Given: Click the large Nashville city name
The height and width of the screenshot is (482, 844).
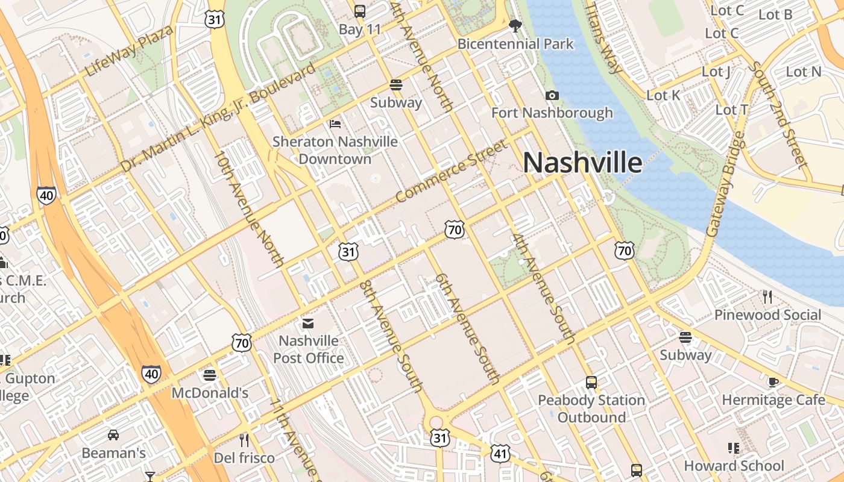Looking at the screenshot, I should [x=582, y=163].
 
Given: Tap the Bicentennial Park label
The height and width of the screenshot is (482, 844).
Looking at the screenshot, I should [x=515, y=44].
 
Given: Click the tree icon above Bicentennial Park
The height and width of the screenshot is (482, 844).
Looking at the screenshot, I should [x=515, y=25].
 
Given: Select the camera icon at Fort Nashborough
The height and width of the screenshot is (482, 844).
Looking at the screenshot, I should [x=552, y=95].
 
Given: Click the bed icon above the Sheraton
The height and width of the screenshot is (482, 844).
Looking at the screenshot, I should [x=336, y=124].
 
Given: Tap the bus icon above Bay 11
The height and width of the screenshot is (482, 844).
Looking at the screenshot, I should [x=360, y=11].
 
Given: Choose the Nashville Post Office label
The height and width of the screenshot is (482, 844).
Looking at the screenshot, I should [x=309, y=349].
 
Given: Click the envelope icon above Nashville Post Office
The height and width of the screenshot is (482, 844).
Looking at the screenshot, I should [x=309, y=324].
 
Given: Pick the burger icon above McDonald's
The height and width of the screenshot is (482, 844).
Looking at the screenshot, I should [x=210, y=375].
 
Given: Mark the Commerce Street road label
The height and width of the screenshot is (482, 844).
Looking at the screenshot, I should [x=452, y=171].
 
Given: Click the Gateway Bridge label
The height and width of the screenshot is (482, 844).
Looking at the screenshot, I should [x=725, y=184].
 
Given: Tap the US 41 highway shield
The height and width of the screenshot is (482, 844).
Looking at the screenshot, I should [x=500, y=454].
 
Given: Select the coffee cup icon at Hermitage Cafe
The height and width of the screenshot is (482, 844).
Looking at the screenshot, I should [x=773, y=382].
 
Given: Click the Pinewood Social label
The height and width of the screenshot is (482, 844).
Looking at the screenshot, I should [x=767, y=315].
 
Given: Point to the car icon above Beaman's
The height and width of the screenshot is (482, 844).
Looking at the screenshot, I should [x=113, y=434].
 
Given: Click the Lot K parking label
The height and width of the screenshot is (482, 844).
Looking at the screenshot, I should [x=663, y=95].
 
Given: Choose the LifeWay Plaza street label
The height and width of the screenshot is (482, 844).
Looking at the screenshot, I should [x=129, y=51].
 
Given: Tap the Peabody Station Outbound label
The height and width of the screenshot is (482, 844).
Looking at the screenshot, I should [x=591, y=408].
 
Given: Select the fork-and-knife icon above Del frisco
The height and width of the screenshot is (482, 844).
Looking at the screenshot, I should [x=244, y=440].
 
